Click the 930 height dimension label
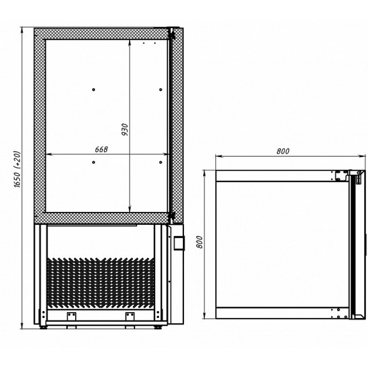click(125, 130)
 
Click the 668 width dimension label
click(102, 150)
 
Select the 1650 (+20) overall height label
click(18, 169)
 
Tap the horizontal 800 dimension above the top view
click(283, 152)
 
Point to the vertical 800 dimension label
click(199, 242)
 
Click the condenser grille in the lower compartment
click(101, 283)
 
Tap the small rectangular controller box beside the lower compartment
click(179, 243)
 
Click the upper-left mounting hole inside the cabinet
click(94, 90)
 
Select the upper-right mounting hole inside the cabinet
click(161, 90)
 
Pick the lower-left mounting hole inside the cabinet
click(94, 162)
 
